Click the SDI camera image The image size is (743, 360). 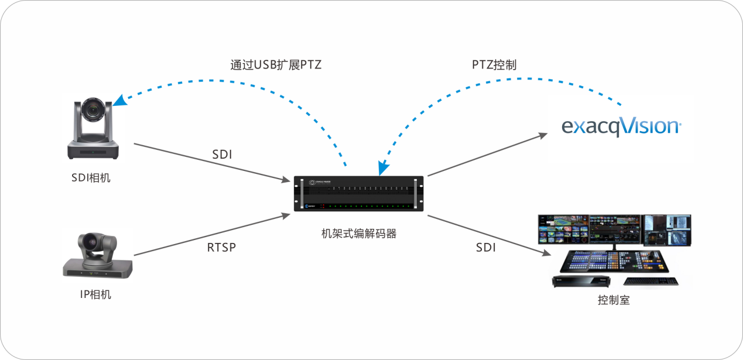[93, 131]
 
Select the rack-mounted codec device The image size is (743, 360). [359, 194]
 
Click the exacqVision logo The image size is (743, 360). [621, 126]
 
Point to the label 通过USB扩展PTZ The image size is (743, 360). [276, 65]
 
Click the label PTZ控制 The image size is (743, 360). [494, 65]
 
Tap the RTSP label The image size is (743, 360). [221, 247]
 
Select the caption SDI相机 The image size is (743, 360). [91, 178]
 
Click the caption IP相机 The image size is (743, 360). [95, 294]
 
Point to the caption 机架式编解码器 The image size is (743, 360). [359, 234]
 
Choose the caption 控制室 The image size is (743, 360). [614, 300]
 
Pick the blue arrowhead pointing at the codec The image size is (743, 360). [382, 170]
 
